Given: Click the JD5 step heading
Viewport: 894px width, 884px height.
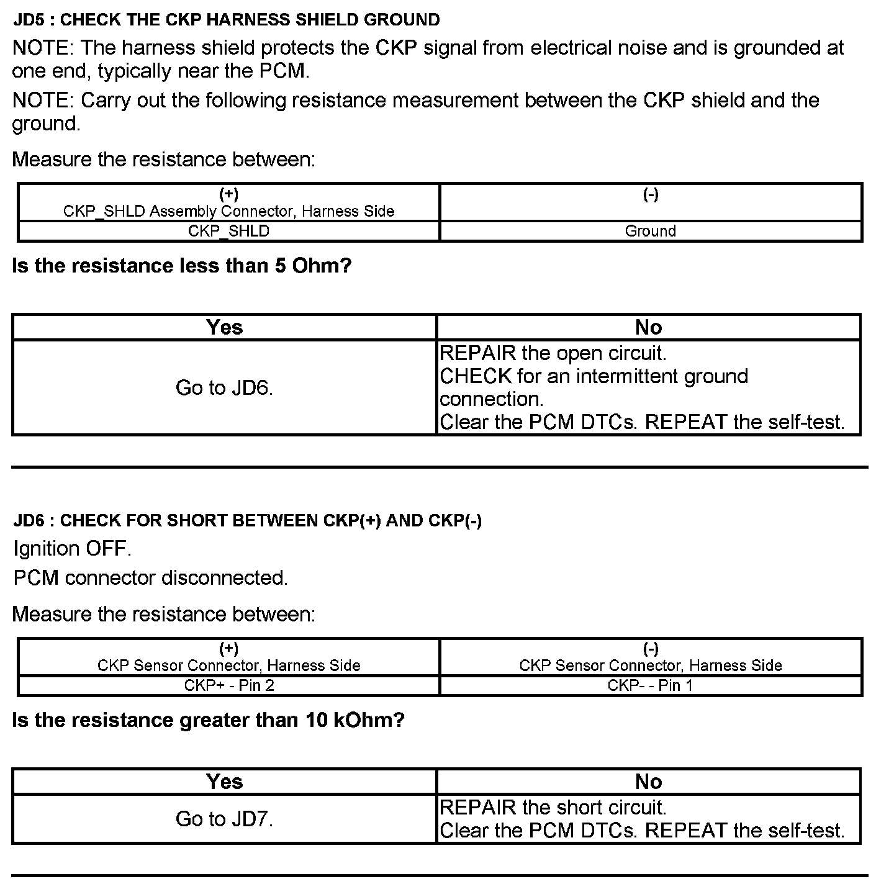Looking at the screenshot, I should [227, 20].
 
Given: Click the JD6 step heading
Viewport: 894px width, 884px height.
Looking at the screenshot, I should [247, 520].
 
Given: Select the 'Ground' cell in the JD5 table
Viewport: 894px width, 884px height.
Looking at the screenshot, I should [650, 231].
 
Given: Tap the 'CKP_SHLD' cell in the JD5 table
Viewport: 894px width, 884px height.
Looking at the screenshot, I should [228, 231].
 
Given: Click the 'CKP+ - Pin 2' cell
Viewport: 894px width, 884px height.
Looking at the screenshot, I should [228, 685].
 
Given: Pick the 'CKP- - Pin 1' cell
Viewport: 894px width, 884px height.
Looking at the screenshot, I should [650, 685].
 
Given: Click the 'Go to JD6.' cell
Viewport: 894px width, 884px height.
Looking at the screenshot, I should [224, 387].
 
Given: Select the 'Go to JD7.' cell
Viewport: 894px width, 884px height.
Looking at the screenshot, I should [224, 819].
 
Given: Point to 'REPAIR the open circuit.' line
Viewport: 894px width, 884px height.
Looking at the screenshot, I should [553, 353].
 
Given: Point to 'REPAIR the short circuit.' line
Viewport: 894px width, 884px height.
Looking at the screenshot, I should [553, 808].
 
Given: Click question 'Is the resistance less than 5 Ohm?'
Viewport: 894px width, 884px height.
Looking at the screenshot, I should [181, 266].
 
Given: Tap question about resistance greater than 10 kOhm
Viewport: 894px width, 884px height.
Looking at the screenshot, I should [208, 720].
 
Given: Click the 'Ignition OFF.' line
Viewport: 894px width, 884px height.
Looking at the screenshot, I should [72, 549].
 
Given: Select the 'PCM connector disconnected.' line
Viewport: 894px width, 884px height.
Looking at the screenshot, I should [150, 578].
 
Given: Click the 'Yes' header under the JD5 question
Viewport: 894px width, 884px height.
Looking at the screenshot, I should [224, 327].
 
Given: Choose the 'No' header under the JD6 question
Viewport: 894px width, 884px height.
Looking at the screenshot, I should [648, 782].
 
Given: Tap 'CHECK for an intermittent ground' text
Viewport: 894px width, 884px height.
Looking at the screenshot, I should [594, 376].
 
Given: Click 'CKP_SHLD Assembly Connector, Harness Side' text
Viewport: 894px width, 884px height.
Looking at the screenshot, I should [228, 211].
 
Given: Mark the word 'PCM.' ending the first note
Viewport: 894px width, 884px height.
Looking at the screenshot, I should [284, 71].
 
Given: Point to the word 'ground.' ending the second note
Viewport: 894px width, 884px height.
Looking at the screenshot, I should [46, 124].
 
